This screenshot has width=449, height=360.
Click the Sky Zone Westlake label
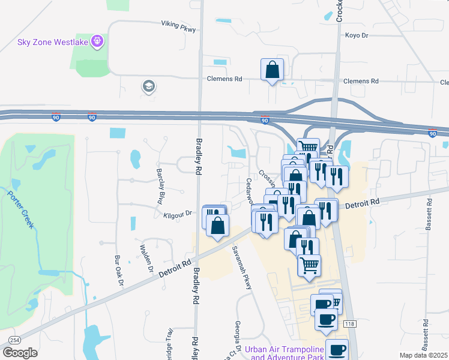point(53,42)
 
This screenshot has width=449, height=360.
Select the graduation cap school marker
point(148,87)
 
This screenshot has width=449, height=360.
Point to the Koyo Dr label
point(356,35)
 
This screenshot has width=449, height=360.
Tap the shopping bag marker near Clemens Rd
point(272,70)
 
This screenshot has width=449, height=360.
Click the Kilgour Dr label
point(177,213)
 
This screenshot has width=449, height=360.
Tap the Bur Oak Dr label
point(118,270)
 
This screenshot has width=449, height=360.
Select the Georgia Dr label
point(238,333)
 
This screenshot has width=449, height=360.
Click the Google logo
point(20,353)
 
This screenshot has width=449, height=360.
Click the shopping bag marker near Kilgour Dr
point(218,226)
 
